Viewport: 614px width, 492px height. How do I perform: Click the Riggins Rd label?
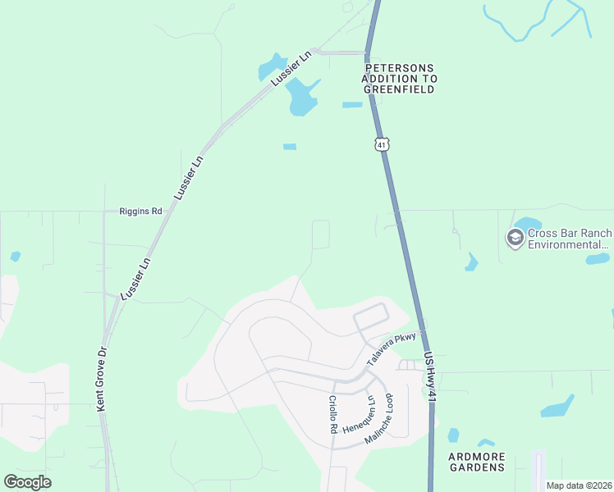click(x=141, y=211)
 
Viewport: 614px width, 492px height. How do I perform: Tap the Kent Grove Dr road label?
click(x=101, y=379)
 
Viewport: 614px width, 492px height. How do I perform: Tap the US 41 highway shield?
click(x=381, y=144)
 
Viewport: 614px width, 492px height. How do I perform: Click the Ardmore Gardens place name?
click(x=477, y=461)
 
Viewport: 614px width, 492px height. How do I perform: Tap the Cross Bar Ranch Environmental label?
click(x=569, y=239)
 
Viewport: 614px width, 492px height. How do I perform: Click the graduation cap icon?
click(x=515, y=239)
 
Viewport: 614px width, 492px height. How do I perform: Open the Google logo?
click(x=27, y=482)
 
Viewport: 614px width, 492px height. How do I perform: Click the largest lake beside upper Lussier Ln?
click(x=300, y=99)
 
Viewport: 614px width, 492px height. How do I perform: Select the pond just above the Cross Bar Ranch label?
click(x=526, y=223)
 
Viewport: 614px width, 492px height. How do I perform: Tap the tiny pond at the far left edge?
click(x=15, y=256)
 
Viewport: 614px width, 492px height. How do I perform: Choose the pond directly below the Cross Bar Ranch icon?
click(x=471, y=262)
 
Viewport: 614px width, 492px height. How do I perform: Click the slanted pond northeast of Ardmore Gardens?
click(x=558, y=407)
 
